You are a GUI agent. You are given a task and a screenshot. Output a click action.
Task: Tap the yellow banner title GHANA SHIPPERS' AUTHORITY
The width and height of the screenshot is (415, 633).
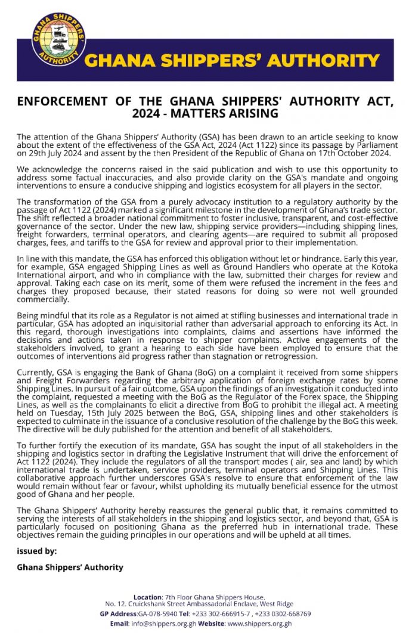(x=232, y=61)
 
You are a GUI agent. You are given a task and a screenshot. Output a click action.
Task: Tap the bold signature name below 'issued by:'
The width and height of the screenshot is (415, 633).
(x=70, y=567)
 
